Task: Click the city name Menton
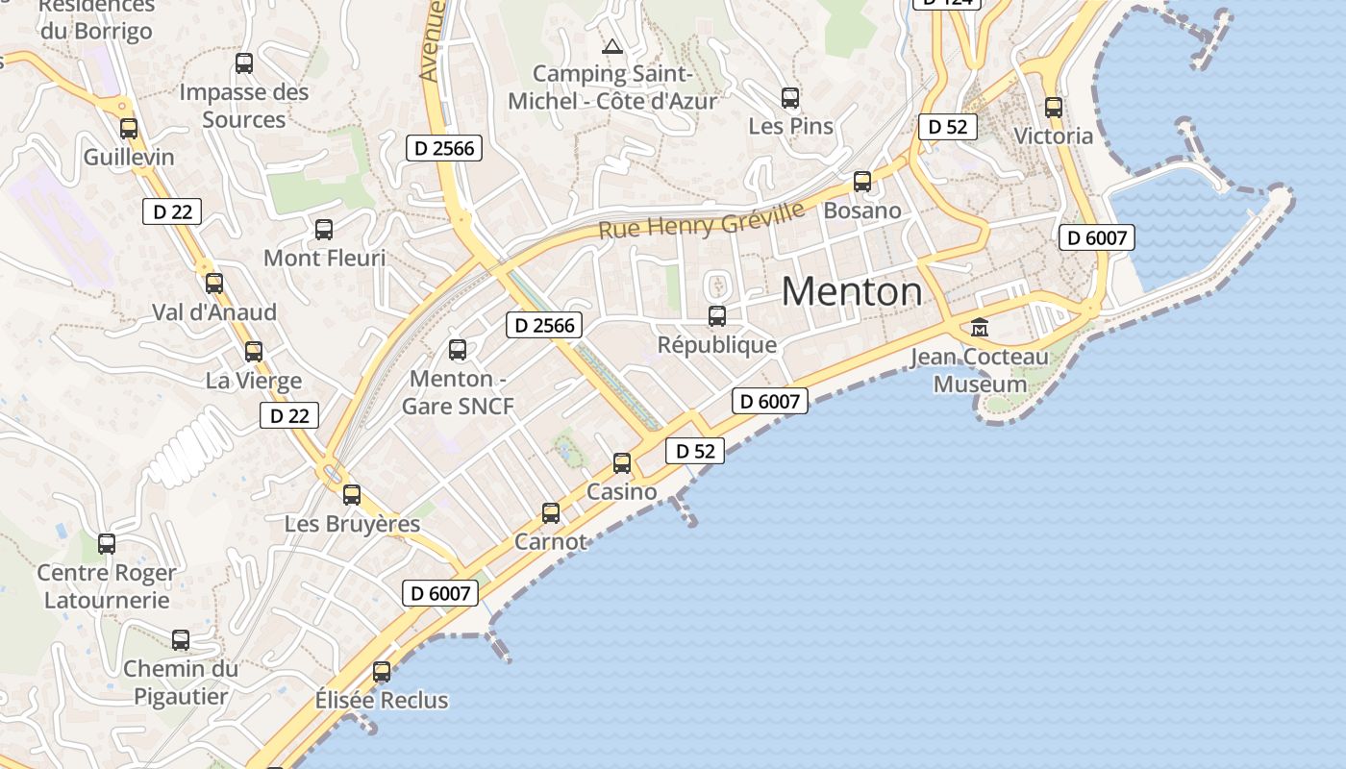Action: coord(852,291)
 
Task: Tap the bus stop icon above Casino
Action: coord(622,463)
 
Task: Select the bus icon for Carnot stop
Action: coord(551,513)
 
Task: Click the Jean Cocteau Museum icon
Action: coord(980,328)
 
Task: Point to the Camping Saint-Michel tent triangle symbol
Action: coord(612,45)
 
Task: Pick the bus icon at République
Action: coord(716,315)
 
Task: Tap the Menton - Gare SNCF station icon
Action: coord(458,349)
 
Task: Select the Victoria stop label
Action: coord(1054,136)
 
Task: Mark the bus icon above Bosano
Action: coord(862,181)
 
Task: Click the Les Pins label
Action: coord(790,126)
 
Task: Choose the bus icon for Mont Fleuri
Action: coord(324,230)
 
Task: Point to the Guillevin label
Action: coord(129,157)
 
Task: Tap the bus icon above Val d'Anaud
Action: coord(214,283)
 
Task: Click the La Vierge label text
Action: coord(254,381)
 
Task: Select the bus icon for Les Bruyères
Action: coord(352,494)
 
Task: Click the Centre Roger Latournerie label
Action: coord(107,586)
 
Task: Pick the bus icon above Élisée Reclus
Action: coord(382,671)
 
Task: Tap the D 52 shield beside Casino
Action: coord(694,451)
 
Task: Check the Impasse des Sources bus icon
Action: coord(244,63)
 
